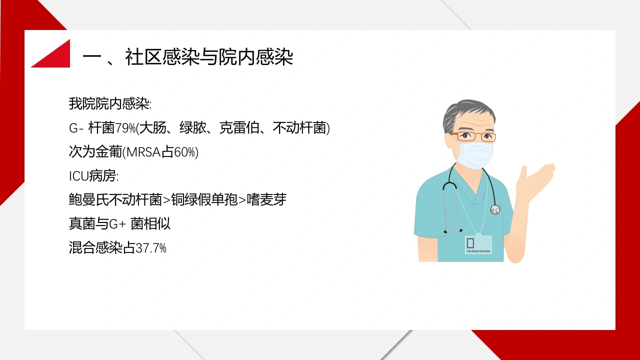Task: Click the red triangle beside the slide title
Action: [x=56, y=57]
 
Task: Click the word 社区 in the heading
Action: [x=143, y=57]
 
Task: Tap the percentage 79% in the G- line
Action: [x=125, y=128]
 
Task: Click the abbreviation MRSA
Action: [x=143, y=152]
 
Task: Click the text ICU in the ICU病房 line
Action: [x=79, y=176]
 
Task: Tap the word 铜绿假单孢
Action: [x=204, y=199]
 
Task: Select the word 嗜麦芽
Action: [x=266, y=199]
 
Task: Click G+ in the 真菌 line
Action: [x=117, y=223]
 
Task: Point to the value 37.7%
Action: [x=151, y=248]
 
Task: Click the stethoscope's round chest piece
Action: [x=495, y=209]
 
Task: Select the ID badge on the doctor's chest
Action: [x=478, y=245]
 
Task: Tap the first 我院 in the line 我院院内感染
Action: [x=82, y=103]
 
